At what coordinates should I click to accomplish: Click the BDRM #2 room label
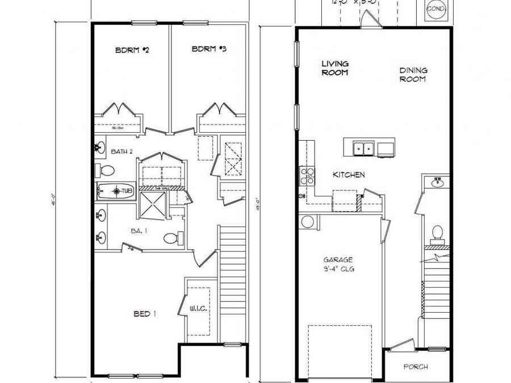(x=132, y=50)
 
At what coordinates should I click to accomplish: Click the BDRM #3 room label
(x=209, y=49)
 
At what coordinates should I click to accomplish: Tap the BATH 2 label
(x=122, y=151)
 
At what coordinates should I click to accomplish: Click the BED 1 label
(x=145, y=314)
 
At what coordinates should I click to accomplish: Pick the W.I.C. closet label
(x=198, y=309)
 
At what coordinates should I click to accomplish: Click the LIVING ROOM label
(x=335, y=68)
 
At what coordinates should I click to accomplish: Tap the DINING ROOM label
(x=413, y=75)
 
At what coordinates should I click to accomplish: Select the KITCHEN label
(x=349, y=175)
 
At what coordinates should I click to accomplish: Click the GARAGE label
(x=338, y=260)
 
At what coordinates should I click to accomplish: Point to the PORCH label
(x=416, y=367)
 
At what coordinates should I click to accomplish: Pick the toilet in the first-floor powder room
(x=437, y=233)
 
